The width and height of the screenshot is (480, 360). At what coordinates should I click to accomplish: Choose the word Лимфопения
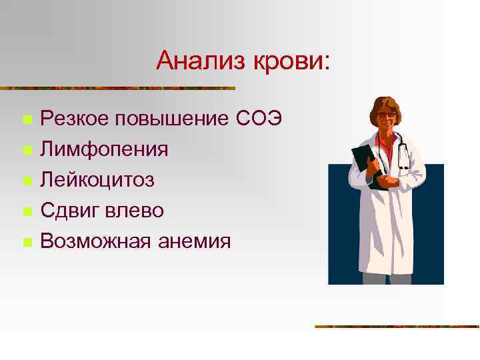[104, 149]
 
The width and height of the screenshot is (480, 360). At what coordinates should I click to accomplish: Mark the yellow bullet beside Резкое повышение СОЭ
[27, 121]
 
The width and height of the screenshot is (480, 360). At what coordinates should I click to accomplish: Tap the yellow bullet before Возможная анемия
[27, 242]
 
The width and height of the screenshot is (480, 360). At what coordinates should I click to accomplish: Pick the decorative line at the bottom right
[397, 327]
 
